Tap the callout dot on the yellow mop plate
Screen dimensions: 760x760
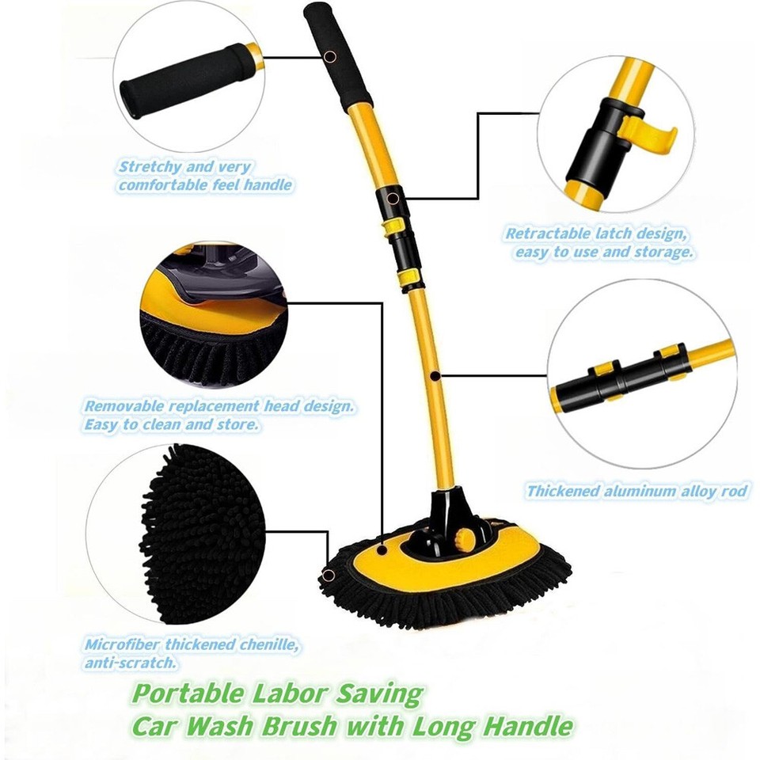(x=381, y=548)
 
